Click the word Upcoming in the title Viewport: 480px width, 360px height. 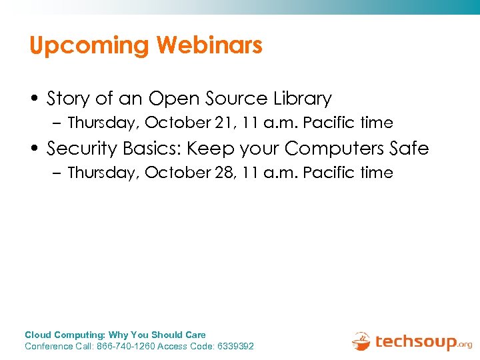89,46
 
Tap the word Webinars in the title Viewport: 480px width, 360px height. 209,45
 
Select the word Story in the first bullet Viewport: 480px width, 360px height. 69,99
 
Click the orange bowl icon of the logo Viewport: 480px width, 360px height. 361,341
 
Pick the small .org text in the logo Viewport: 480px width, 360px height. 465,345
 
